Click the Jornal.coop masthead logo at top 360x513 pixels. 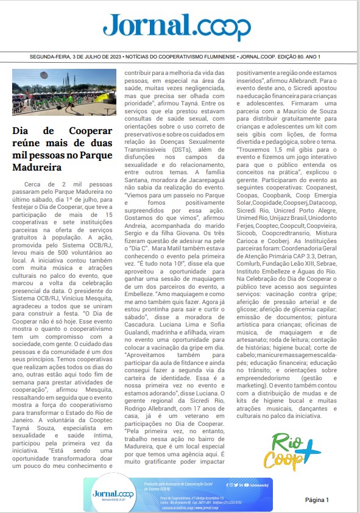[x=177, y=27]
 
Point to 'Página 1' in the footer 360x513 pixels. [x=317, y=500]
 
